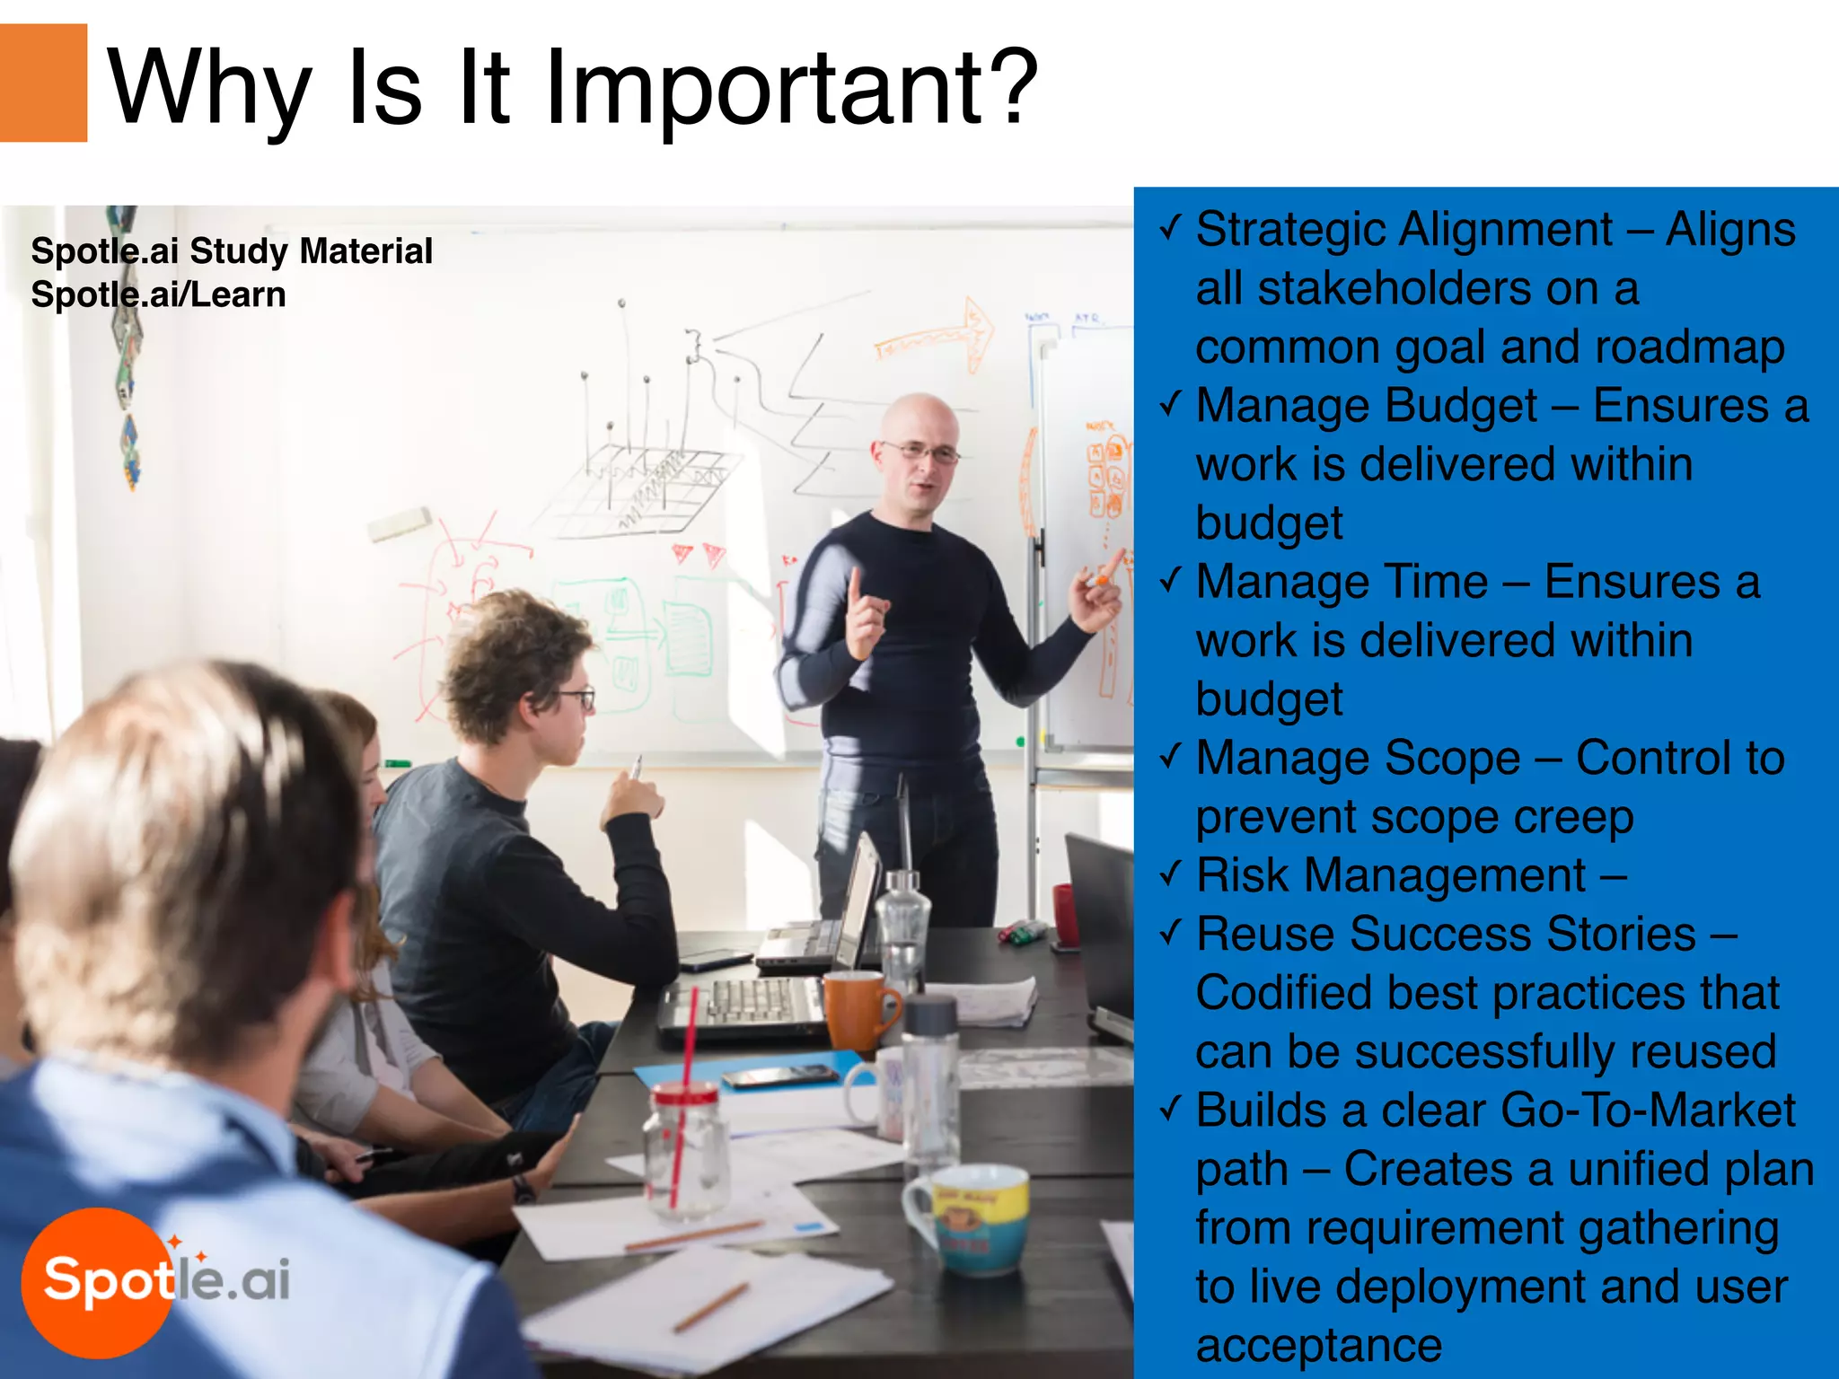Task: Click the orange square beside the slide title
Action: pyautogui.click(x=43, y=83)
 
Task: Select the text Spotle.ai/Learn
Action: pyautogui.click(x=158, y=295)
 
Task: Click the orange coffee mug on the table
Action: pyautogui.click(x=858, y=1011)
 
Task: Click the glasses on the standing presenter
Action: pyautogui.click(x=920, y=452)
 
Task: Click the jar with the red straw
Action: pyautogui.click(x=686, y=1149)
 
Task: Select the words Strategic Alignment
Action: pyautogui.click(x=1404, y=230)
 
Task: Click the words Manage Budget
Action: pyautogui.click(x=1367, y=406)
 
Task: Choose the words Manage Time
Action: pyautogui.click(x=1342, y=582)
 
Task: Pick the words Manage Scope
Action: pyautogui.click(x=1359, y=758)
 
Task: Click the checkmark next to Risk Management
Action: pyautogui.click(x=1169, y=874)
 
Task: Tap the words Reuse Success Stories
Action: pyautogui.click(x=1446, y=934)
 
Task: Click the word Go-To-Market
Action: pyautogui.click(x=1648, y=1111)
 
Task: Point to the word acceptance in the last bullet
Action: pyautogui.click(x=1318, y=1345)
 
